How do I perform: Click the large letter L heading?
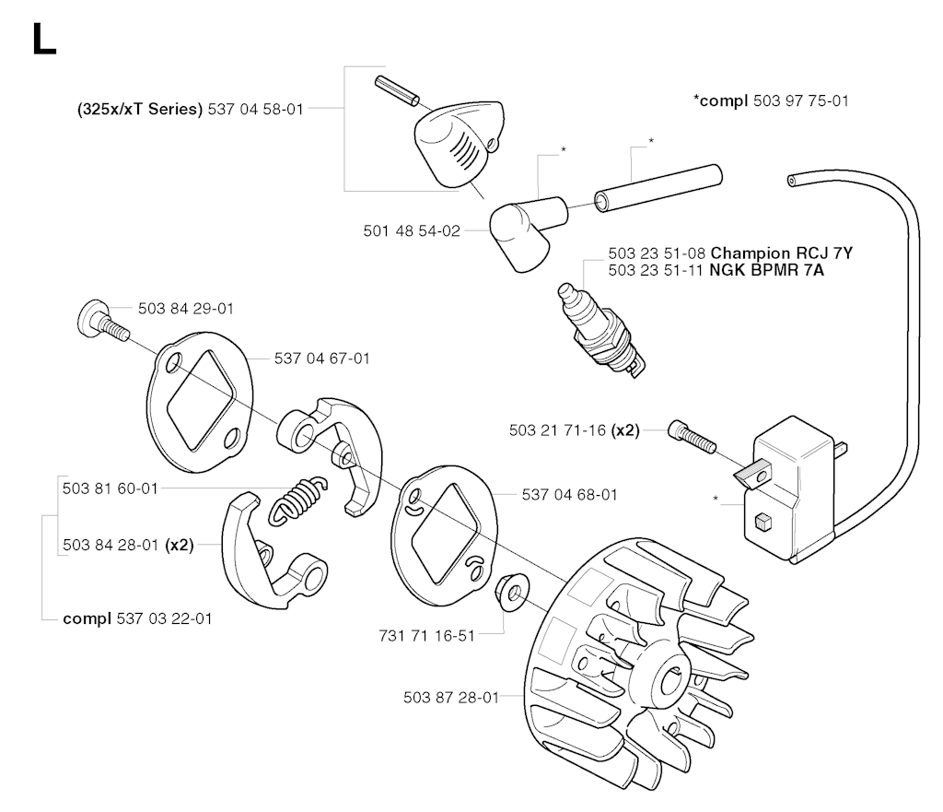point(43,40)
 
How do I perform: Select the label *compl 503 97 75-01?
point(770,100)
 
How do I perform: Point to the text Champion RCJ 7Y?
point(787,253)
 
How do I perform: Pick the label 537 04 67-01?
point(321,358)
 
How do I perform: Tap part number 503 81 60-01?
point(110,488)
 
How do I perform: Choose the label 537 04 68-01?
point(569,495)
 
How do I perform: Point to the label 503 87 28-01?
point(450,697)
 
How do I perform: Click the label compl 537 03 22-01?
point(137,618)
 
